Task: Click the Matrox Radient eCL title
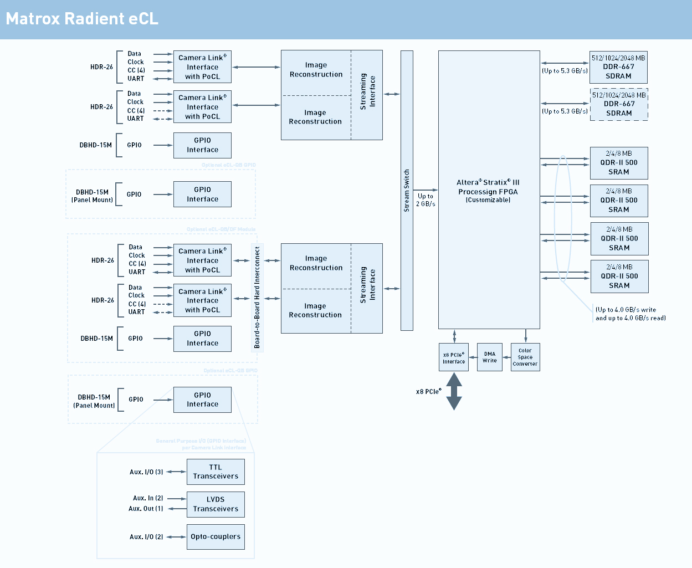(x=82, y=19)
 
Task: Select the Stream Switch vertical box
(x=407, y=191)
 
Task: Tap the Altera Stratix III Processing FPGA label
(x=488, y=191)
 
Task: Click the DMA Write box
(x=490, y=357)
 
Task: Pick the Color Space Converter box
(x=525, y=357)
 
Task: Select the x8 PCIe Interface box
(x=454, y=358)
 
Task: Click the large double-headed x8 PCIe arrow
(x=454, y=391)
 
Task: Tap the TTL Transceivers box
(x=216, y=472)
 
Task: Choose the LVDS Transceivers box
(x=216, y=504)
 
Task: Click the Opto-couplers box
(x=216, y=536)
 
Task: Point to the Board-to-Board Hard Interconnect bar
(x=257, y=298)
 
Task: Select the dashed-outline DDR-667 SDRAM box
(x=619, y=104)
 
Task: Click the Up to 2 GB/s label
(x=426, y=200)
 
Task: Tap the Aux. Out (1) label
(x=146, y=509)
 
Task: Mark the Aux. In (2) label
(x=148, y=498)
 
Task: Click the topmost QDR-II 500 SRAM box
(x=619, y=163)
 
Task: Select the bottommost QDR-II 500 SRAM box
(x=619, y=277)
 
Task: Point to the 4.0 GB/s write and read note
(x=631, y=314)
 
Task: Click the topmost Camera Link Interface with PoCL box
(x=202, y=67)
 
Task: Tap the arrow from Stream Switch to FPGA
(x=426, y=190)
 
